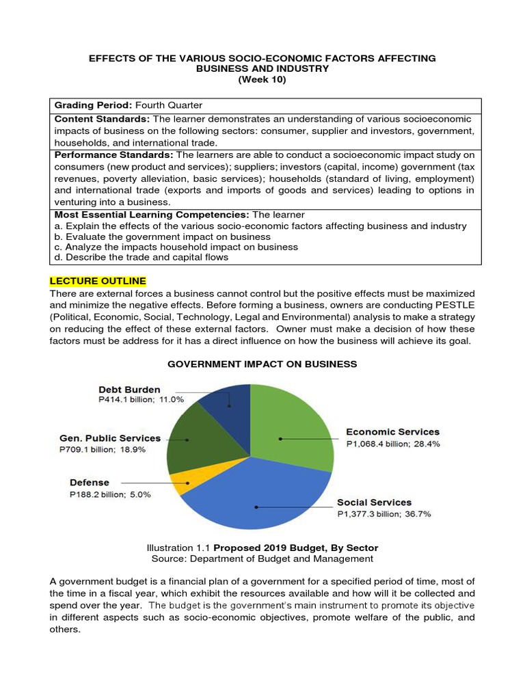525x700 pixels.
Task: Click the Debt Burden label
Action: click(x=129, y=390)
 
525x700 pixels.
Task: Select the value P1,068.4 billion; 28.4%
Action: click(x=393, y=444)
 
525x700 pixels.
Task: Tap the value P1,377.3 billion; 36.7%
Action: click(x=384, y=514)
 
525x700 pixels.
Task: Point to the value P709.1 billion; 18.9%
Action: click(x=103, y=450)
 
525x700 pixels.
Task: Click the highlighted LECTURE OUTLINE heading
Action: click(x=98, y=281)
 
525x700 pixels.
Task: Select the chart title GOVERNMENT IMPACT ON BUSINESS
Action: click(x=262, y=364)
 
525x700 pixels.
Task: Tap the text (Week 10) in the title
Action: click(x=262, y=80)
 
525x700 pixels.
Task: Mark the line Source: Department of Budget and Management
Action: click(x=262, y=558)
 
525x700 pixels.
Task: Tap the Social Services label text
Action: click(x=374, y=502)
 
